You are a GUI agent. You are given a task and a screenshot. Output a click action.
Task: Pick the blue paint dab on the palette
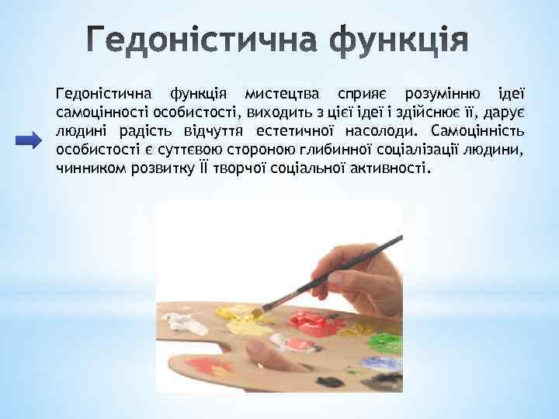(384, 361)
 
